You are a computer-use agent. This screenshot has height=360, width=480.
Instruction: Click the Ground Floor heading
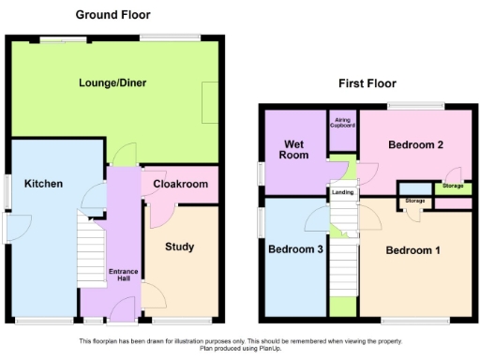click(112, 14)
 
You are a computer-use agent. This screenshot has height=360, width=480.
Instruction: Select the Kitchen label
click(43, 184)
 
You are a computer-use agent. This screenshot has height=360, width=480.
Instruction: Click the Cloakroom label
click(180, 185)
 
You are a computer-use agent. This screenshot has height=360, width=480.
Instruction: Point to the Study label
click(179, 247)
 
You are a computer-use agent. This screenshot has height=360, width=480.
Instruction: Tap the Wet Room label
click(294, 149)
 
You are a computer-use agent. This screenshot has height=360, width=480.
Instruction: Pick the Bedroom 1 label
click(413, 250)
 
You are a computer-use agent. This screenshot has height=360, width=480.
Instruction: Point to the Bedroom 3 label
click(295, 250)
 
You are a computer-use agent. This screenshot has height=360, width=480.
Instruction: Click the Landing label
click(342, 194)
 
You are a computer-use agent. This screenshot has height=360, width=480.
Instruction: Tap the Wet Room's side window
click(262, 174)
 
